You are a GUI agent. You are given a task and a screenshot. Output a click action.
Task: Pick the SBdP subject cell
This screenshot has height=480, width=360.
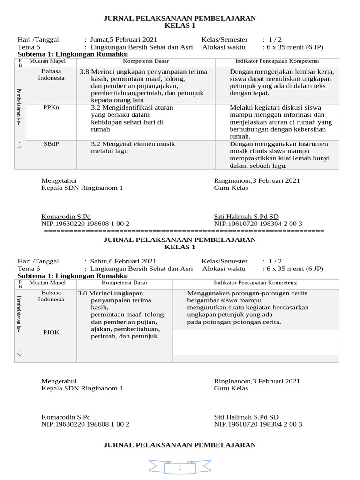pos(51,144)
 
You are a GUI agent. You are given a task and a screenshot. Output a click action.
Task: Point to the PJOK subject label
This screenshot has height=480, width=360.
pos(51,332)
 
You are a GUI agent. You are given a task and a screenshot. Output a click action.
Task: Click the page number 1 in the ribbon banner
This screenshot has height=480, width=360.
pos(180,468)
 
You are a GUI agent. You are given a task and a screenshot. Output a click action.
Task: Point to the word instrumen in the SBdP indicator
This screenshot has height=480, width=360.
pos(312,144)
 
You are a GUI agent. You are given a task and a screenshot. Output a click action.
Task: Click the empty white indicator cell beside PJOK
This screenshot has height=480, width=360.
pos(255,342)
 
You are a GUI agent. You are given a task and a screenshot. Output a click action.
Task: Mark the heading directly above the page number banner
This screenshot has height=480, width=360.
pos(180,445)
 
